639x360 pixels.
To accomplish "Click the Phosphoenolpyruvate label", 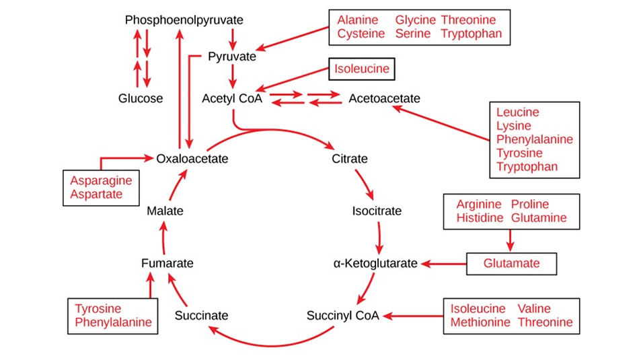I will [184, 20].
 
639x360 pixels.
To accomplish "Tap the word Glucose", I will [141, 99].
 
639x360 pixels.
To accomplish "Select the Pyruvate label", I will [232, 57].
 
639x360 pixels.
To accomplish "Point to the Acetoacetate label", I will [384, 99].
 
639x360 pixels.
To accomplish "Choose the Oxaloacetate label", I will [192, 159].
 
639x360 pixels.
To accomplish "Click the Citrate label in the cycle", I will [350, 159].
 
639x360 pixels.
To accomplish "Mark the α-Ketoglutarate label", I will [375, 263].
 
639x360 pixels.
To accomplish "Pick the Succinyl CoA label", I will [343, 315].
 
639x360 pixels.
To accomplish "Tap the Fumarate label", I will [167, 263].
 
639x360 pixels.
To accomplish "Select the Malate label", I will [165, 211].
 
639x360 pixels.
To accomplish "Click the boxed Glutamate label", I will [511, 264].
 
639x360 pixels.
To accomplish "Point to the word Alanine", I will [358, 20].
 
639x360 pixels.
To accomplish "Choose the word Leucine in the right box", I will [518, 112].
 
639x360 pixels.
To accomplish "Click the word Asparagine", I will [101, 181].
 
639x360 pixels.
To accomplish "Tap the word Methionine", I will [478, 322].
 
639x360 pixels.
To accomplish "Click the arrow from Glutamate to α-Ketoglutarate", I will [444, 264].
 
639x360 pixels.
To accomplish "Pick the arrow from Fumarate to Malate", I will [162, 237].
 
